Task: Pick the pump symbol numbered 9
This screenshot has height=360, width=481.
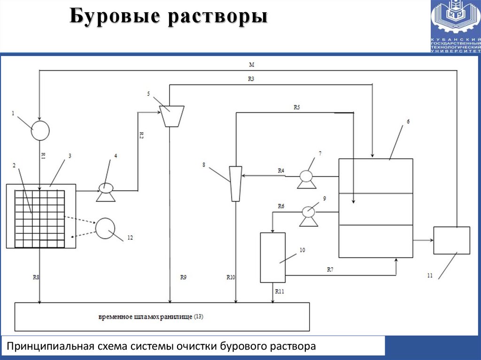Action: click(x=308, y=214)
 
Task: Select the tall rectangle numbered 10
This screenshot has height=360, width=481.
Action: click(x=272, y=257)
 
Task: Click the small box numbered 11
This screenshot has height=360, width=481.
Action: click(x=451, y=240)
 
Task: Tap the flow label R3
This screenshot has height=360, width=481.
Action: click(x=251, y=79)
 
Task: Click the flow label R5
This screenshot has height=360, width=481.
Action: click(x=296, y=107)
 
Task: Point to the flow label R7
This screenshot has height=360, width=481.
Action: click(x=330, y=269)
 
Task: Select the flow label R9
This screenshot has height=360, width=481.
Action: click(x=183, y=277)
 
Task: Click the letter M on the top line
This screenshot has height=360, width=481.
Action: click(x=252, y=64)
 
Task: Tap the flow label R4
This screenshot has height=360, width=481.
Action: click(x=281, y=171)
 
